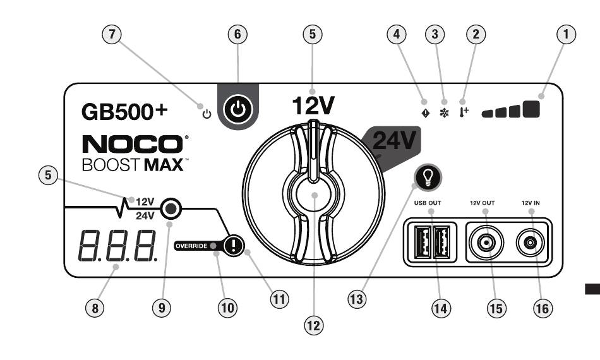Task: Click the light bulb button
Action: pyautogui.click(x=428, y=177)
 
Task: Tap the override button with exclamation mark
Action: pyautogui.click(x=234, y=245)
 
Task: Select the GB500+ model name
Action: pyautogui.click(x=125, y=111)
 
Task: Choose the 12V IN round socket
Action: pyautogui.click(x=531, y=243)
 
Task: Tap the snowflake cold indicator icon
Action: pyautogui.click(x=444, y=113)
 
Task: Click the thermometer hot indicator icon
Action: pyautogui.click(x=464, y=112)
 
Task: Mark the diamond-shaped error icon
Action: pyautogui.click(x=425, y=113)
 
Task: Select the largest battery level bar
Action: pyautogui.click(x=531, y=109)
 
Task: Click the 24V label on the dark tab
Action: pyautogui.click(x=394, y=140)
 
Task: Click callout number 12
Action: pyautogui.click(x=313, y=326)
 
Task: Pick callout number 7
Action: pyautogui.click(x=112, y=34)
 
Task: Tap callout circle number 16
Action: pyautogui.click(x=543, y=308)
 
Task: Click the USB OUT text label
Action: pyautogui.click(x=428, y=203)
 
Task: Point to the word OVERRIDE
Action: pyautogui.click(x=191, y=246)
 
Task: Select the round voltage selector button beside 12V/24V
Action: pyautogui.click(x=171, y=208)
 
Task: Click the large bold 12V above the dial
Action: pyautogui.click(x=313, y=105)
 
